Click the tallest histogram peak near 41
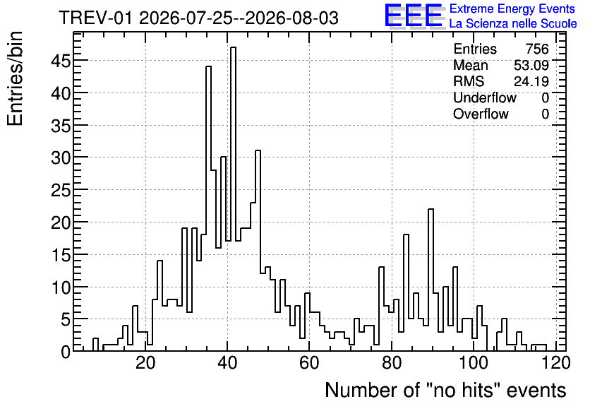(x=234, y=47)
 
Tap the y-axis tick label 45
(x=61, y=61)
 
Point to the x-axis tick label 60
(x=309, y=363)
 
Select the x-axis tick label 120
(x=555, y=363)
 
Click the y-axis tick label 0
(x=66, y=352)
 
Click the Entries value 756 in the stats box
(x=537, y=49)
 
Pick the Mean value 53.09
(x=531, y=65)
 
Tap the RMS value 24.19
(x=531, y=81)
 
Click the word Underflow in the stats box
(x=485, y=98)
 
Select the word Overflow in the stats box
(x=481, y=114)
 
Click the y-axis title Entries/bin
(x=15, y=79)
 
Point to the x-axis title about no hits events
(x=445, y=390)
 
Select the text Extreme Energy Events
(x=512, y=8)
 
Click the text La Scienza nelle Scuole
(x=513, y=24)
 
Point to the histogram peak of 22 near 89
(x=431, y=209)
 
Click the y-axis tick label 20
(x=61, y=222)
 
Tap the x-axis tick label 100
(x=474, y=363)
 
